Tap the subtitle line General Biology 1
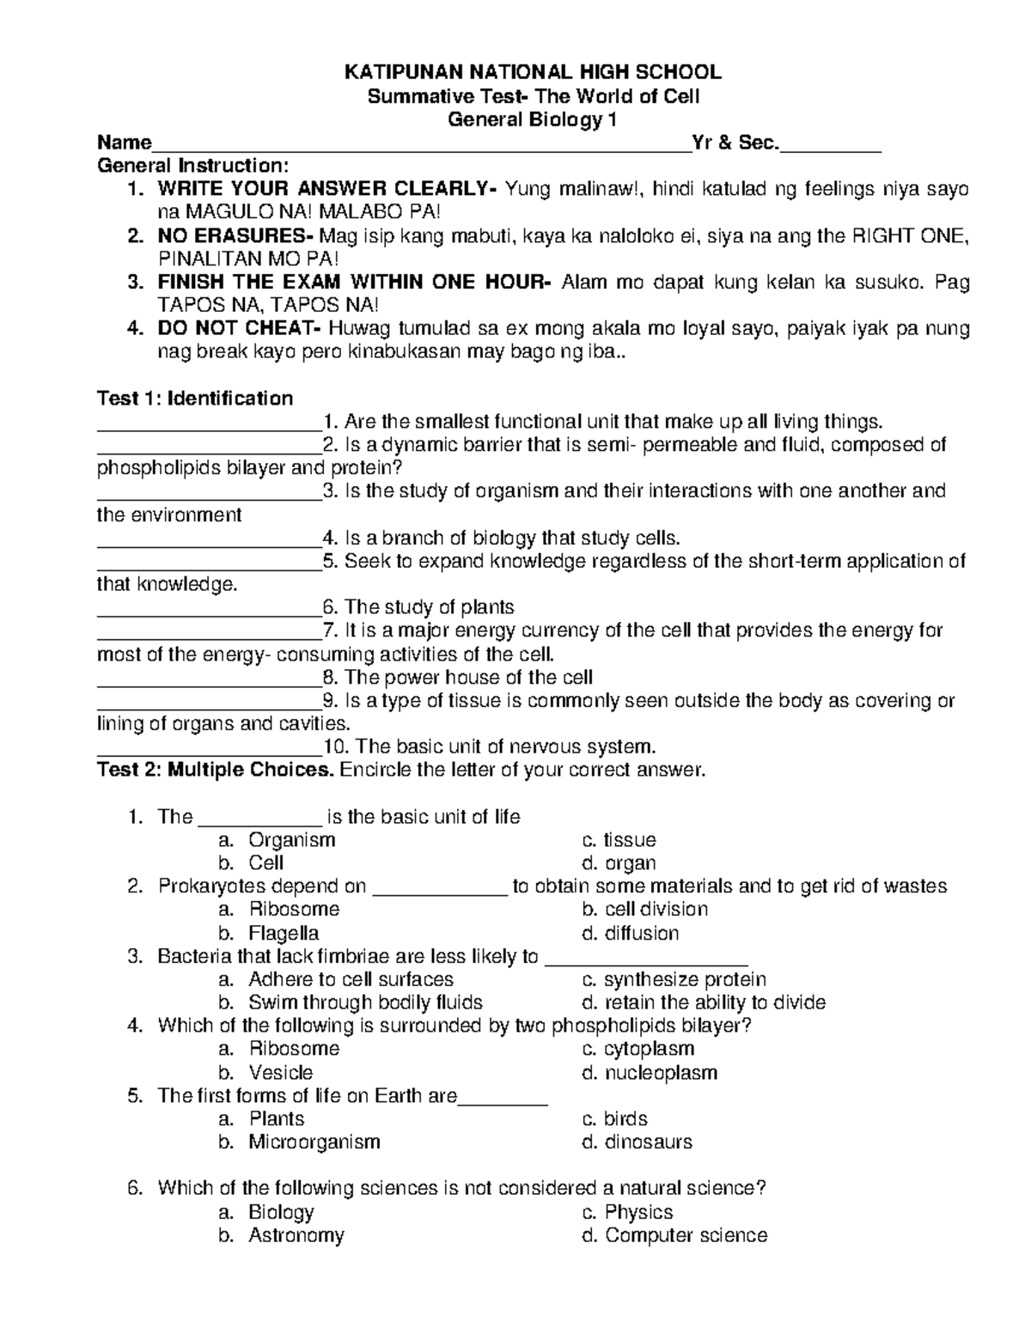(533, 119)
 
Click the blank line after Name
(421, 144)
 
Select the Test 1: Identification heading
(195, 399)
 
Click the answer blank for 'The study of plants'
(209, 609)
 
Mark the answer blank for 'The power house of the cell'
(209, 679)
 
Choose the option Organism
(291, 840)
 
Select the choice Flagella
(284, 933)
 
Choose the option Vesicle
(280, 1072)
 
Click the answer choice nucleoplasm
(661, 1072)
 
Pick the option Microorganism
(314, 1142)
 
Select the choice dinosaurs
(648, 1142)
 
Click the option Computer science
(686, 1235)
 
